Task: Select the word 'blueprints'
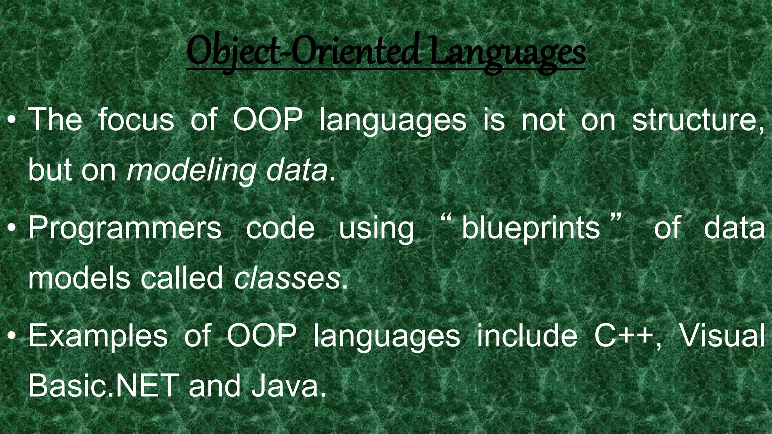(x=531, y=228)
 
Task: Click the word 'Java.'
(x=289, y=387)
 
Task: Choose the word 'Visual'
(x=722, y=335)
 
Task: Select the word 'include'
(x=527, y=335)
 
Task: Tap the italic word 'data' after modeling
(x=297, y=171)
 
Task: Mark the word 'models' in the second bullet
(x=78, y=278)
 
